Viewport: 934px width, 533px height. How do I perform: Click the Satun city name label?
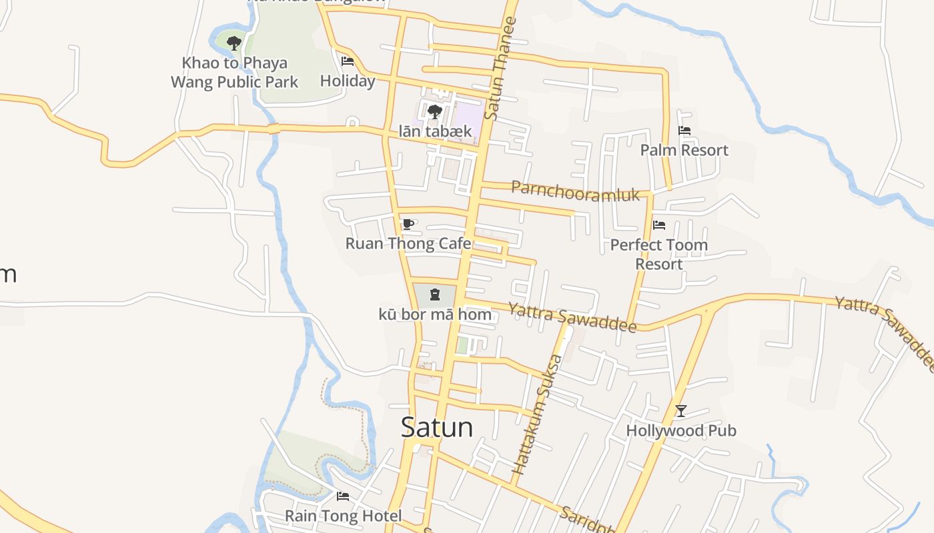coord(437,427)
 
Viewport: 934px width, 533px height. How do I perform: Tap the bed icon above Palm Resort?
coord(684,131)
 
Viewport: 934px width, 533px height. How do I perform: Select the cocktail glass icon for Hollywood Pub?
coord(680,411)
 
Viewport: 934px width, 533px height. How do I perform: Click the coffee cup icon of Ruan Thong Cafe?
coord(408,224)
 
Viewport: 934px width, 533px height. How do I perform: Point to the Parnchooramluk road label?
coord(575,191)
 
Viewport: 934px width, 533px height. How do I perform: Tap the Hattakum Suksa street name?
coord(538,414)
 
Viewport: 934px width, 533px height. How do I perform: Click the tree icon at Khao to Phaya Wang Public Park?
coord(233,43)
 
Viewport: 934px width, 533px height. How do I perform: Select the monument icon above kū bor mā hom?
coord(435,294)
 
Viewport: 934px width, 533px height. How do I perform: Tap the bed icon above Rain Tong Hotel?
coord(343,496)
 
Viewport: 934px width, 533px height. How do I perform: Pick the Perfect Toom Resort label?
coord(658,255)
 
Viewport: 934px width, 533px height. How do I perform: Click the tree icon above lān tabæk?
coord(435,111)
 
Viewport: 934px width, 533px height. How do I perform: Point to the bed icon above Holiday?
coord(348,61)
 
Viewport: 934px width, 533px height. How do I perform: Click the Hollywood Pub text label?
coord(680,431)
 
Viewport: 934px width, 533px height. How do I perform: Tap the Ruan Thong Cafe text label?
coord(408,244)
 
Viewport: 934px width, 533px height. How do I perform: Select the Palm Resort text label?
coord(684,151)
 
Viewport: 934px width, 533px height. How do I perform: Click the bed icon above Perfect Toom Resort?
coord(659,225)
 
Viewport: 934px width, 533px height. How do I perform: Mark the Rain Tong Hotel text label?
coord(343,516)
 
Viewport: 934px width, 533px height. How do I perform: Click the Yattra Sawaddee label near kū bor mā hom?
coord(572,317)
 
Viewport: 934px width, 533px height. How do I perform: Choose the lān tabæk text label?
coord(435,131)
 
